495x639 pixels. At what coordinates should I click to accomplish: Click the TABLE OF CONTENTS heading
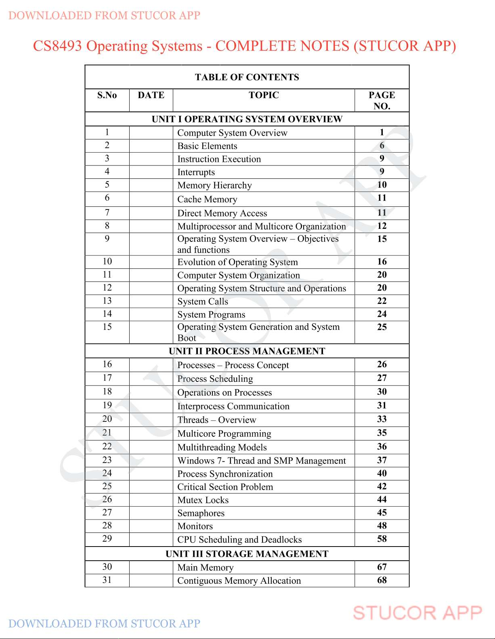tap(247, 77)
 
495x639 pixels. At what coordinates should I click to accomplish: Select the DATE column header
tap(151, 95)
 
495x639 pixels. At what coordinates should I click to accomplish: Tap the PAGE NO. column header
tap(382, 101)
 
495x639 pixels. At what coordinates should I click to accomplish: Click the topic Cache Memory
tap(207, 199)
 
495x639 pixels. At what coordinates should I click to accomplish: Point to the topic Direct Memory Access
tap(222, 213)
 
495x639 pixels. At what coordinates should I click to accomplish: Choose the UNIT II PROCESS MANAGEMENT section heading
tap(247, 351)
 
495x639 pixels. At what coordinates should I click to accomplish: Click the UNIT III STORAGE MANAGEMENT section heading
tap(247, 554)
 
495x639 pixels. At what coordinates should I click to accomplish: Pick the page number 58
tap(382, 539)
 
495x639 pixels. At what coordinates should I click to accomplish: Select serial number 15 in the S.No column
tap(107, 327)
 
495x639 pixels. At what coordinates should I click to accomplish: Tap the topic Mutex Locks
tap(203, 500)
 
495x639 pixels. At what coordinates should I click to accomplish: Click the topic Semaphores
tap(201, 513)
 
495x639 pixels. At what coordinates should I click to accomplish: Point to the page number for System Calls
tap(382, 301)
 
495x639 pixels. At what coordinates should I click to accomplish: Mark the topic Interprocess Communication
tap(233, 406)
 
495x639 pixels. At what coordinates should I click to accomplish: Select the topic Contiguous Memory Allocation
tap(239, 581)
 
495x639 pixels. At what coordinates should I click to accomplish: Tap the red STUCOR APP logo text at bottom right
tap(417, 613)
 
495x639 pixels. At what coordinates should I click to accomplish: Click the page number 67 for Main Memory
tap(382, 567)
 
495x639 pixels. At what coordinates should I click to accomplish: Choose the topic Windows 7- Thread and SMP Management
tap(262, 461)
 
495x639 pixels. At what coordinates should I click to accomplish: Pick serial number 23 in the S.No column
tap(107, 460)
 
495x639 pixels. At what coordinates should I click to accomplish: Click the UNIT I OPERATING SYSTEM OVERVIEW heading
tap(247, 119)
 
